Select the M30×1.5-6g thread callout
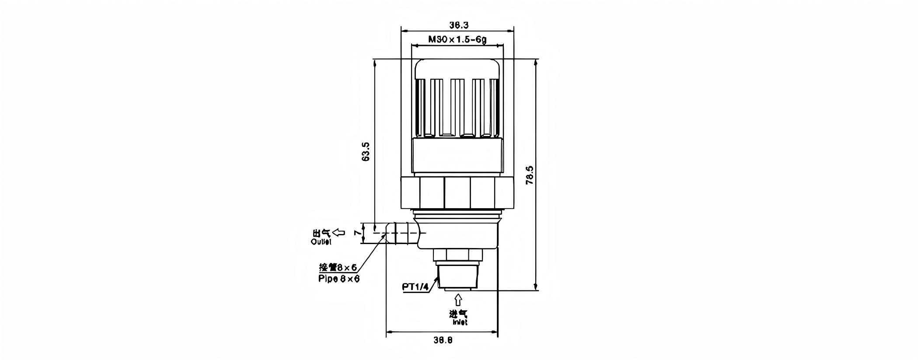[457, 40]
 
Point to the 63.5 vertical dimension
[366, 151]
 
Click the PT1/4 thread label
[416, 287]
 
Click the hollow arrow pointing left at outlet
[339, 232]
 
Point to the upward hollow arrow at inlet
[458, 300]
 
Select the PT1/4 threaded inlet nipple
[457, 276]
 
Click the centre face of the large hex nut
[457, 192]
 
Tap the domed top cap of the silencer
[457, 69]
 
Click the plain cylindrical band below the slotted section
[457, 155]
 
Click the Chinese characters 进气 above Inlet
[458, 314]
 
